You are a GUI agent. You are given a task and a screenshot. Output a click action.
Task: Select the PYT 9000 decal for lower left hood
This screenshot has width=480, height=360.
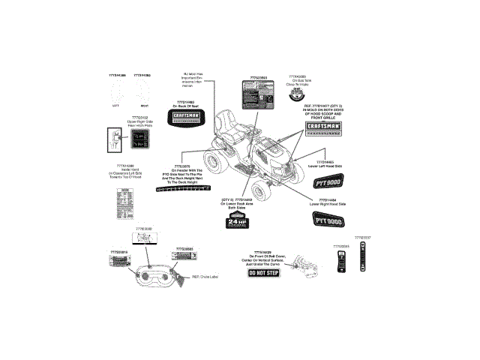click(327, 181)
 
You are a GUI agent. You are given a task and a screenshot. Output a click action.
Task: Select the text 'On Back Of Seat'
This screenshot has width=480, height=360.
click(184, 106)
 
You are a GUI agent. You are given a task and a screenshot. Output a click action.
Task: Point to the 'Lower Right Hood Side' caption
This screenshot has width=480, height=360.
click(328, 204)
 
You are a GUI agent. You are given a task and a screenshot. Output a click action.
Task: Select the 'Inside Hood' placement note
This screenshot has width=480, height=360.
click(125, 173)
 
